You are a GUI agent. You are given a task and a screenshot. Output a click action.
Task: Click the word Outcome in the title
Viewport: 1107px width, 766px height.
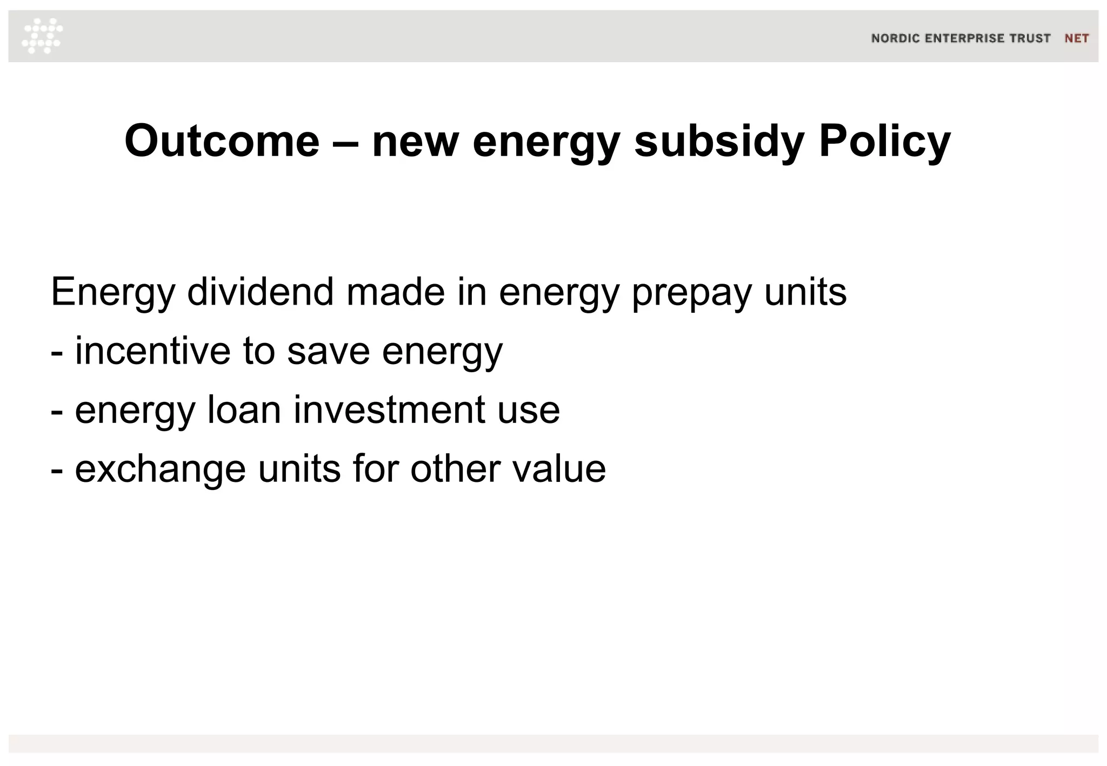click(x=222, y=141)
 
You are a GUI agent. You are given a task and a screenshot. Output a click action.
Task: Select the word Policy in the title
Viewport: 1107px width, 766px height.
click(x=885, y=141)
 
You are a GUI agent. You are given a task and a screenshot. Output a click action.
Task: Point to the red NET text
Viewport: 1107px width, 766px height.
click(x=1076, y=38)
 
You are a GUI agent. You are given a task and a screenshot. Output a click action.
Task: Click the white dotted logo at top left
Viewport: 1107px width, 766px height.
click(x=42, y=36)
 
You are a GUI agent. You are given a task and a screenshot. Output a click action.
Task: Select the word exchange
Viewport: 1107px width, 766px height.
click(x=160, y=469)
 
